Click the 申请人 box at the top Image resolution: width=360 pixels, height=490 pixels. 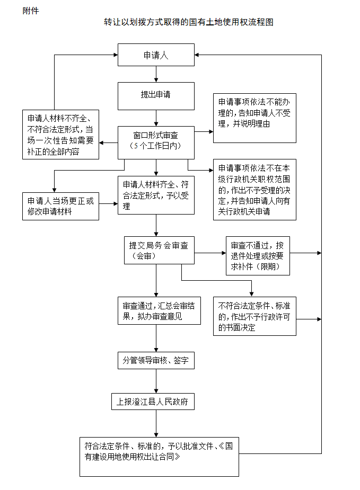(x=156, y=55)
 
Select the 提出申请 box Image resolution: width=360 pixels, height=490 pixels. (x=156, y=95)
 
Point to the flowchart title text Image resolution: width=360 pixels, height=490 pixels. (x=189, y=23)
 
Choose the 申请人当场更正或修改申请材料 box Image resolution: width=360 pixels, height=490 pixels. (x=60, y=206)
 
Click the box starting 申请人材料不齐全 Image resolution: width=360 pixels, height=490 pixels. (x=60, y=134)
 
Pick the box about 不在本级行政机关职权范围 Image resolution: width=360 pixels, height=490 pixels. (x=254, y=189)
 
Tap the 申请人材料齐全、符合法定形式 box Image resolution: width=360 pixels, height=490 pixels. (x=156, y=195)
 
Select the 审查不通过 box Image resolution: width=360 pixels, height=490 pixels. (x=258, y=255)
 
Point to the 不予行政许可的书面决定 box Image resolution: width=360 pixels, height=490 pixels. (x=254, y=316)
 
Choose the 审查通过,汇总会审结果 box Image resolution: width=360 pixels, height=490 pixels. (x=159, y=310)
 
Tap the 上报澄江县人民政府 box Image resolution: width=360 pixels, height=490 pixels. (x=153, y=402)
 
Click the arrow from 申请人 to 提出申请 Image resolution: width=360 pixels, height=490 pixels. (x=156, y=75)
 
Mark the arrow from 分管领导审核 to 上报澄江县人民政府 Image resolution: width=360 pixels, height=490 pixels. (x=156, y=381)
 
